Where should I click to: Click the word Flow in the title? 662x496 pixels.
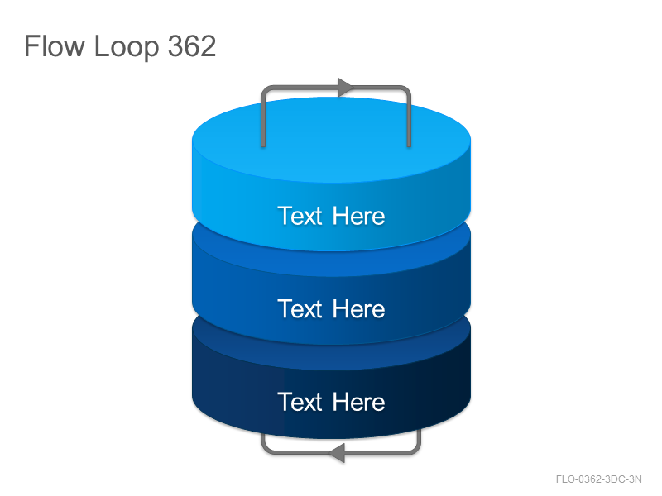pyautogui.click(x=55, y=46)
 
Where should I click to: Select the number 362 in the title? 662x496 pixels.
pyautogui.click(x=192, y=46)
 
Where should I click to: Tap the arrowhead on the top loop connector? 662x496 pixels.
pyautogui.click(x=345, y=88)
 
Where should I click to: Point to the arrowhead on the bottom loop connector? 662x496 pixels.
pyautogui.click(x=337, y=453)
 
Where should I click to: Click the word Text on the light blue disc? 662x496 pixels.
pyautogui.click(x=300, y=216)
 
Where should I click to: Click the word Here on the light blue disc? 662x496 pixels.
pyautogui.click(x=358, y=216)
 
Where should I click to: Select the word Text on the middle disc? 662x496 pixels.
pyautogui.click(x=300, y=308)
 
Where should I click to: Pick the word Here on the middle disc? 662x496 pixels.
pyautogui.click(x=358, y=308)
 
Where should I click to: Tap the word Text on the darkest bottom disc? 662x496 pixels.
pyautogui.click(x=300, y=402)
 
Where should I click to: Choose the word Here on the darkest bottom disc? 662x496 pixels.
pyautogui.click(x=358, y=402)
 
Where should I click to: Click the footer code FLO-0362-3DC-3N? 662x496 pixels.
pyautogui.click(x=598, y=479)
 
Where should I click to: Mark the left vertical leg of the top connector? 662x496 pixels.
pyautogui.click(x=263, y=120)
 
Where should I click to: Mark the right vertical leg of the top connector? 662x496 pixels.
pyautogui.click(x=409, y=120)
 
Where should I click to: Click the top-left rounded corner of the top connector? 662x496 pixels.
pyautogui.click(x=265, y=89)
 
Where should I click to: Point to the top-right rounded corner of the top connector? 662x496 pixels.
pyautogui.click(x=407, y=89)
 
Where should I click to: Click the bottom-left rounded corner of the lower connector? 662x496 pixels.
pyautogui.click(x=265, y=450)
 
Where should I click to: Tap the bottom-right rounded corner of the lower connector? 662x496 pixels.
pyautogui.click(x=417, y=450)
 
